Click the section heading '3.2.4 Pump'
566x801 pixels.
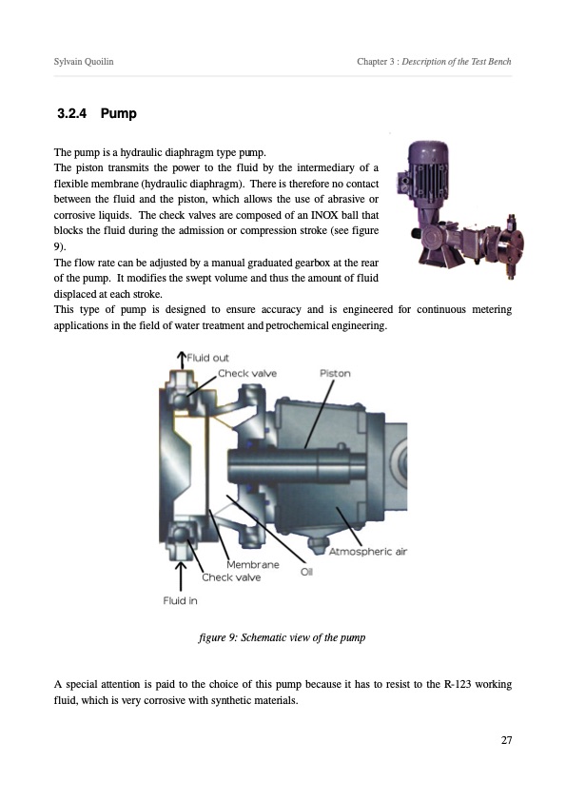pyautogui.click(x=96, y=113)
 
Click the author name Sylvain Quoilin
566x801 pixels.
pyautogui.click(x=84, y=61)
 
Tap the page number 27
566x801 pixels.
pyautogui.click(x=506, y=740)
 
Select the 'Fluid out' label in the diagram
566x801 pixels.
pyautogui.click(x=208, y=358)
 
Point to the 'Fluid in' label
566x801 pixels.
pyautogui.click(x=180, y=601)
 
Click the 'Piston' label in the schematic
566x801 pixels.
pyautogui.click(x=335, y=373)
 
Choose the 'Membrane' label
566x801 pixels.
pyautogui.click(x=253, y=564)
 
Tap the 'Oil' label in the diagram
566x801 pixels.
pyautogui.click(x=306, y=572)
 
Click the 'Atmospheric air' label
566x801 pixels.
pyautogui.click(x=368, y=551)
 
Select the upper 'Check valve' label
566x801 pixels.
pyautogui.click(x=247, y=374)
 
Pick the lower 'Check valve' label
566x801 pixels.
pyautogui.click(x=231, y=577)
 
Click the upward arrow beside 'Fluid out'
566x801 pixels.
pyautogui.click(x=181, y=360)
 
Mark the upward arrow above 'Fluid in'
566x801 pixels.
pyautogui.click(x=181, y=576)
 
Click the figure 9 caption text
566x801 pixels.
pyautogui.click(x=282, y=637)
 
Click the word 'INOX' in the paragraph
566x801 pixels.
pyautogui.click(x=325, y=215)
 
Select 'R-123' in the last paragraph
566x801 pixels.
pyautogui.click(x=458, y=684)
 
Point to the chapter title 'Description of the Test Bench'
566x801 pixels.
pyautogui.click(x=457, y=61)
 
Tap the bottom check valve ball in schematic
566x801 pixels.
pyautogui.click(x=180, y=535)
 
